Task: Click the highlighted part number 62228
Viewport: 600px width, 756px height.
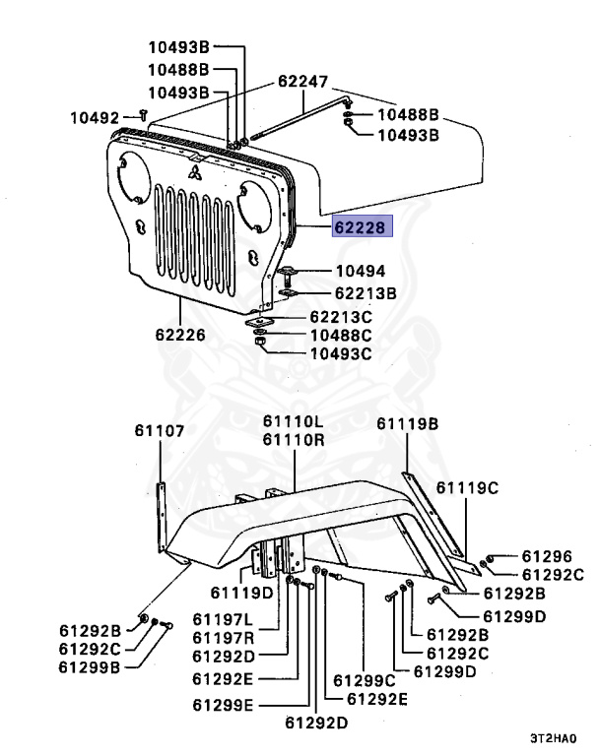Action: [363, 227]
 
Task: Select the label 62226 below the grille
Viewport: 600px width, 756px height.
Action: [178, 334]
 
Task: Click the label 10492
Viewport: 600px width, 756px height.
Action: [94, 117]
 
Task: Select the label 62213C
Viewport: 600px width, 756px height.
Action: [340, 317]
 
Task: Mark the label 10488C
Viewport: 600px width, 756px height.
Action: [340, 336]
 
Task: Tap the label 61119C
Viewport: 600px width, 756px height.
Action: [467, 487]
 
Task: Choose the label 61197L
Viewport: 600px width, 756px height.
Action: [223, 619]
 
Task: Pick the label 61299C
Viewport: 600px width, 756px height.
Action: [364, 679]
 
